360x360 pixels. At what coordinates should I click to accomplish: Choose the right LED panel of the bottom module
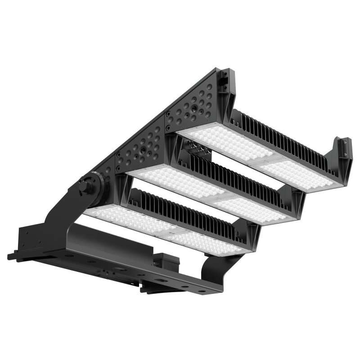(x=207, y=241)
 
